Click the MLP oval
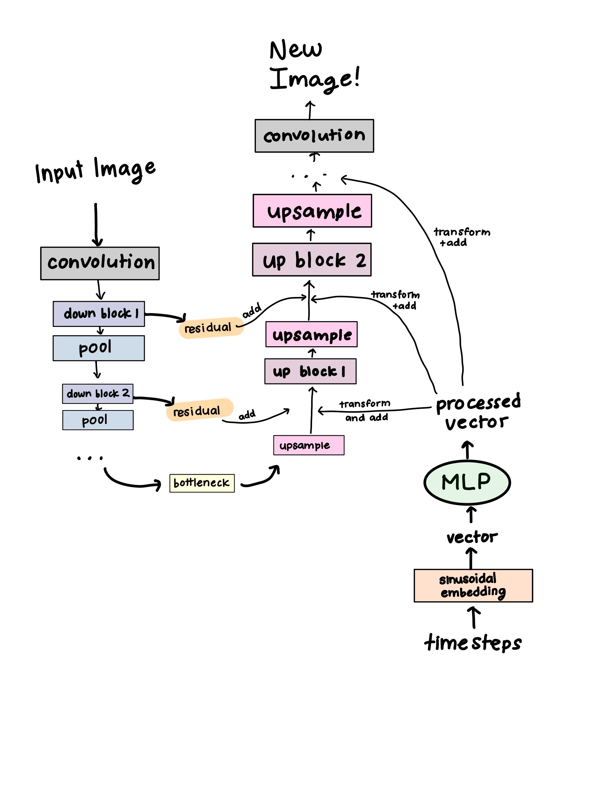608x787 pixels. tap(467, 482)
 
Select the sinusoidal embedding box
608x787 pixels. tap(473, 585)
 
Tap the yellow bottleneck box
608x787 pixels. tap(202, 483)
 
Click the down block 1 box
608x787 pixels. tap(99, 314)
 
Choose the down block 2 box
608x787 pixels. tap(98, 394)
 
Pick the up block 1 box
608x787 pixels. tap(310, 371)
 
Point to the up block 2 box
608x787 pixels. tap(312, 260)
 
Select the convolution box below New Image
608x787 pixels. tap(314, 136)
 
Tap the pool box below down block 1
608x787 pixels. tap(99, 348)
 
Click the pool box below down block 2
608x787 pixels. tap(98, 420)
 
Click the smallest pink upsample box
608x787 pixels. tap(309, 445)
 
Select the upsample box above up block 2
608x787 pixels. tap(312, 211)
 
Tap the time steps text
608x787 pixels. tap(473, 643)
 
